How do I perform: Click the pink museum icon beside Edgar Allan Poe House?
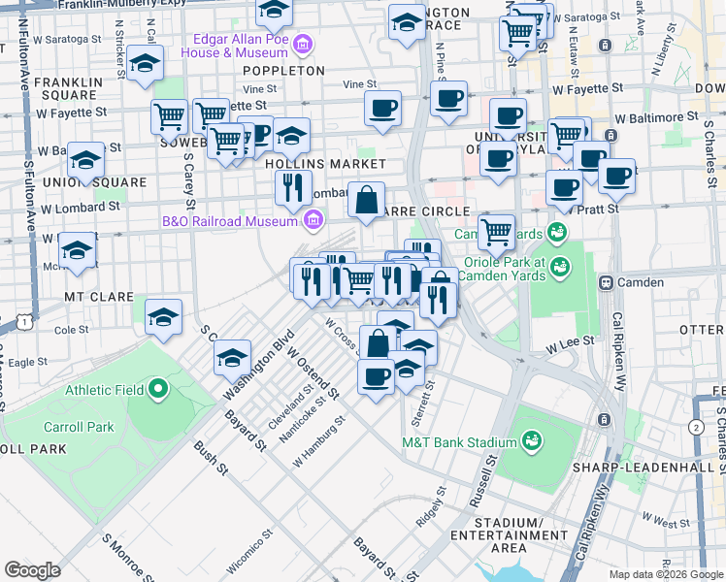(303, 45)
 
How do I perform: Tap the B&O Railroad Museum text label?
(228, 221)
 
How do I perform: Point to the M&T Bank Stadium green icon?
(533, 442)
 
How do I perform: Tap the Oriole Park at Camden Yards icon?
(559, 266)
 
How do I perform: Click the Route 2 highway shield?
(695, 427)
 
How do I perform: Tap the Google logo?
(32, 569)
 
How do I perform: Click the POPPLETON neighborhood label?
(283, 71)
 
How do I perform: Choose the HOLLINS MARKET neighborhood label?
(325, 164)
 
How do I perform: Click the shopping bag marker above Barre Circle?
(367, 201)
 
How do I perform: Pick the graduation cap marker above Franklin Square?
(145, 64)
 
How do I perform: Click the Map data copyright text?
(665, 573)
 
